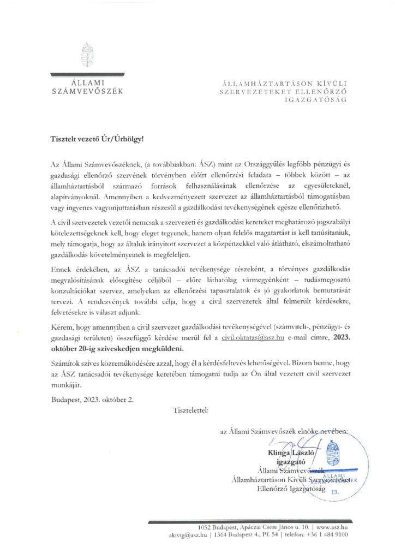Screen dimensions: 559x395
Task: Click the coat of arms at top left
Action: point(87,53)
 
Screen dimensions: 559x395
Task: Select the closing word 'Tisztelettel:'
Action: point(189,408)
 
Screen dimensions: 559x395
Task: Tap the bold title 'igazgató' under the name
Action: point(285,461)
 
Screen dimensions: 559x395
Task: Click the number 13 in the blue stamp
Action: point(335,492)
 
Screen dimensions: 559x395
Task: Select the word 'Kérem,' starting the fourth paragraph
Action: point(62,330)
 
